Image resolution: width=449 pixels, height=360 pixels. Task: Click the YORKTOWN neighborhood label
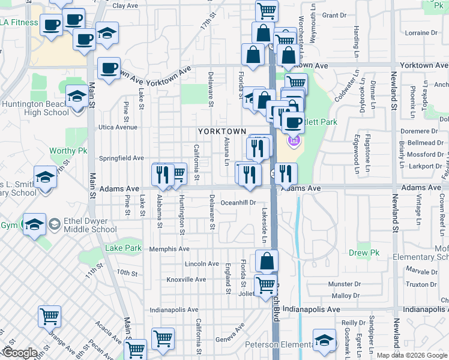coord(222,131)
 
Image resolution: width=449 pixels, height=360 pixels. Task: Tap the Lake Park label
coord(123,248)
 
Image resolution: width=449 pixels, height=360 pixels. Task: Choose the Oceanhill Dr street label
coord(238,203)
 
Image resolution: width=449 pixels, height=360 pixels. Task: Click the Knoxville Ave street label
coord(186,280)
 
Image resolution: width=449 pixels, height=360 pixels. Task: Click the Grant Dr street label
coord(334,15)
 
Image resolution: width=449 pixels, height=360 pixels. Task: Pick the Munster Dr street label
coord(344,284)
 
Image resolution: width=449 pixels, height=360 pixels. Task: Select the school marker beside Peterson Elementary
coord(324,340)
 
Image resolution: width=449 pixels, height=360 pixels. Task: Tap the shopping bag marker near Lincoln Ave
coord(267,262)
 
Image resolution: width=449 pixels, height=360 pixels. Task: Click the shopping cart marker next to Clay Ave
coord(267,11)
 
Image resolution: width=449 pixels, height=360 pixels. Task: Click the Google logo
coord(19,353)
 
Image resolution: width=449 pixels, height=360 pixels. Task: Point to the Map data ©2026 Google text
coord(411,355)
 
